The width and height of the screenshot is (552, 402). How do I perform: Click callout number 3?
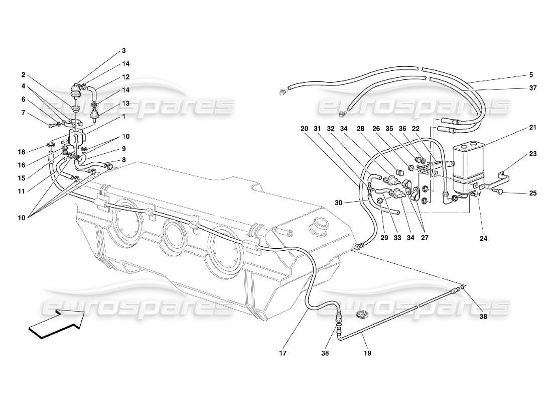[124, 51]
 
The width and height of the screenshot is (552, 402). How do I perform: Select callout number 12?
[125, 77]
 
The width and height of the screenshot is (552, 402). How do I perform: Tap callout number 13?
[125, 104]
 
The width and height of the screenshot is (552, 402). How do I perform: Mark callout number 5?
[531, 75]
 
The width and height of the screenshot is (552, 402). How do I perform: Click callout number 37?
[532, 88]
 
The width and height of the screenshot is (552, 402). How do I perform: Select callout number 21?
[532, 128]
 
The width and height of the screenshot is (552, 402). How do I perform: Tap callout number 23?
[532, 154]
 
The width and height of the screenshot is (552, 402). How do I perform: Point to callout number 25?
[532, 193]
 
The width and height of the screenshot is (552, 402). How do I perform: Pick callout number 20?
[304, 128]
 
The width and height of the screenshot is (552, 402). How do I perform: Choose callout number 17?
[283, 353]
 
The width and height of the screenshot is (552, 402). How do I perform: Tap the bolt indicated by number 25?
[501, 192]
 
